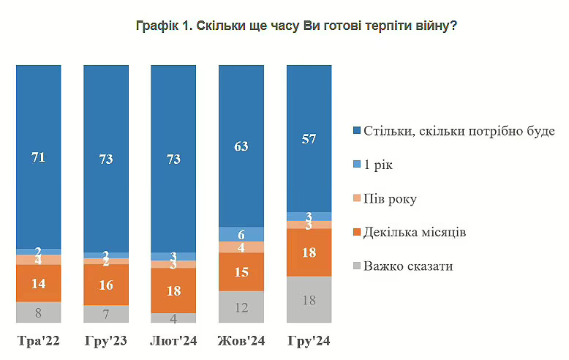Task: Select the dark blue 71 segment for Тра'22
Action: [x=39, y=157]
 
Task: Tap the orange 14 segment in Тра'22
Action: [x=39, y=283]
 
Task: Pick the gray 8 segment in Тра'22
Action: [x=39, y=312]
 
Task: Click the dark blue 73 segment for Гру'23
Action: [x=106, y=159]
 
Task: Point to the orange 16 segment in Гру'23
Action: [x=106, y=285]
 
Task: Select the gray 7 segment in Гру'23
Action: [x=106, y=314]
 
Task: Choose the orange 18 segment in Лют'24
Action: [x=173, y=290]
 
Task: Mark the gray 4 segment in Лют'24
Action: [x=173, y=318]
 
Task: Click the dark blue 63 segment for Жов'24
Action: [x=241, y=146]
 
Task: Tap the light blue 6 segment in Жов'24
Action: [x=241, y=233]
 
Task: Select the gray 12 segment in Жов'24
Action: [x=241, y=307]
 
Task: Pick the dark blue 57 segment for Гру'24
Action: [x=309, y=138]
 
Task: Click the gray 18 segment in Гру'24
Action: [x=309, y=300]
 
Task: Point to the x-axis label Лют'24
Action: [x=173, y=341]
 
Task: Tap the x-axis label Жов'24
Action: [x=241, y=341]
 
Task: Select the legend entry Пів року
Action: [x=391, y=199]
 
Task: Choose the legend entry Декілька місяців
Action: [x=412, y=233]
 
